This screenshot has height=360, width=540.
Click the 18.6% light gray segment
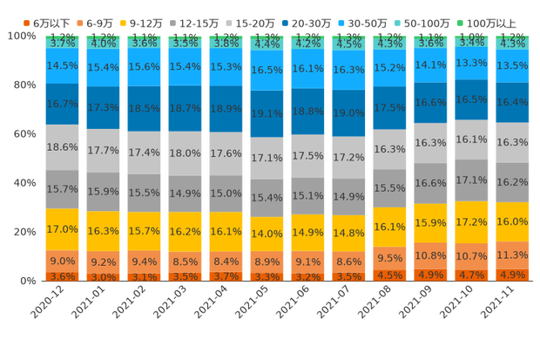coord(63,148)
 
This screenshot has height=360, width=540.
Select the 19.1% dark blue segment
coord(267,113)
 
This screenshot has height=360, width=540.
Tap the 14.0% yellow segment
coord(267,234)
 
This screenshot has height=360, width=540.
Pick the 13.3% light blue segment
coord(472,63)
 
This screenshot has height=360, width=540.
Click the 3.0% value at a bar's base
coord(104,277)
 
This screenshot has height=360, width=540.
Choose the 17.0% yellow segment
coord(63,229)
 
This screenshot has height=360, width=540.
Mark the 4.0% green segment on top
coord(104,43)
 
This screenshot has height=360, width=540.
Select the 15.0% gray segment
coord(226,194)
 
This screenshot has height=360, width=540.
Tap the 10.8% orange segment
coord(431,256)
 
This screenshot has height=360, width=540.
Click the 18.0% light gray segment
coord(186,153)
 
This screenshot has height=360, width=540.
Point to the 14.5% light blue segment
coord(63,65)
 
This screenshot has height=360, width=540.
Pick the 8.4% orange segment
coord(226,261)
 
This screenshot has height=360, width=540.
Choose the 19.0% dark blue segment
coord(348,112)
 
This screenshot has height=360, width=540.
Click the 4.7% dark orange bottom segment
coord(472,275)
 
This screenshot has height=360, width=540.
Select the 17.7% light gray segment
coord(104,150)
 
